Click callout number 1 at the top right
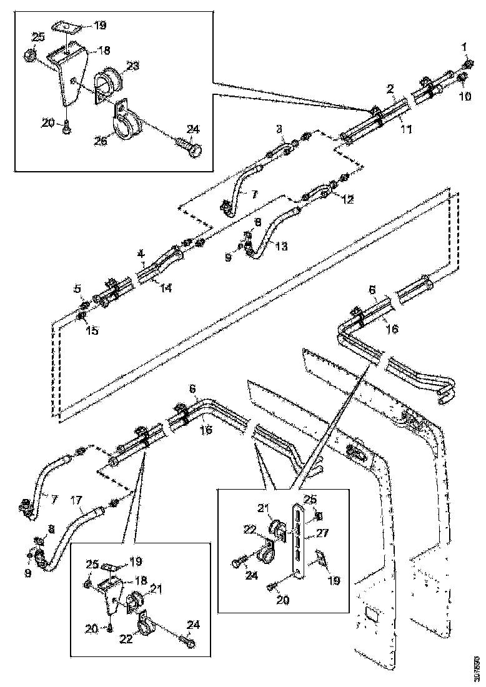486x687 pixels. pos(464,47)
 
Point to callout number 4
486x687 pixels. pos(141,254)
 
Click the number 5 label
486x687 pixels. pos(78,289)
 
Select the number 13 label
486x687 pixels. pos(281,246)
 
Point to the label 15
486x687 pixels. pos(92,330)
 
